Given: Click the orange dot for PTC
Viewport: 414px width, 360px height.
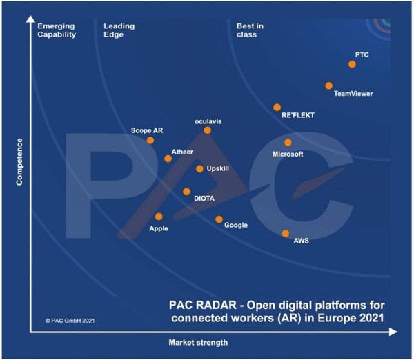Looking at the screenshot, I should (x=352, y=64).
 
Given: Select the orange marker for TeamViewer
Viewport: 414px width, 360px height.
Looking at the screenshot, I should (x=329, y=86).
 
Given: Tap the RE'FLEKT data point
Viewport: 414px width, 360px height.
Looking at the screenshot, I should (x=277, y=107).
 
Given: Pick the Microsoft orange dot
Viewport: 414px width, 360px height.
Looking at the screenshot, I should (x=288, y=143).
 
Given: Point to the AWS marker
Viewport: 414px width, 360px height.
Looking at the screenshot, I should (x=286, y=233).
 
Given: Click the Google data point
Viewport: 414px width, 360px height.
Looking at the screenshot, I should (x=219, y=219).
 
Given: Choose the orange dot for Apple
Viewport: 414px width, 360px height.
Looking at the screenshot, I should (x=159, y=217).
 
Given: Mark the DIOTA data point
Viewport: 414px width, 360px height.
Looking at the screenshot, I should (x=186, y=192).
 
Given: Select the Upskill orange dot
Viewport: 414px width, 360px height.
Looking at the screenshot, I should (x=199, y=168).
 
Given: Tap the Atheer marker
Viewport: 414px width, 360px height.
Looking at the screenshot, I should (x=168, y=159).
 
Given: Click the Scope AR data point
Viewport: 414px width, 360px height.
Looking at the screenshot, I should (x=150, y=140).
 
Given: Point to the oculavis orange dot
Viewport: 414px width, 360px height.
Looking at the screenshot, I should (x=207, y=130).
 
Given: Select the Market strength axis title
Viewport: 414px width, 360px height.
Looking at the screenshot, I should (x=197, y=343).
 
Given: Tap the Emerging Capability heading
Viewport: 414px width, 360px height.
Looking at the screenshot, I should (x=57, y=30).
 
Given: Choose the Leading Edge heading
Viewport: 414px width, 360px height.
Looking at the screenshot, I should (x=119, y=30).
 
